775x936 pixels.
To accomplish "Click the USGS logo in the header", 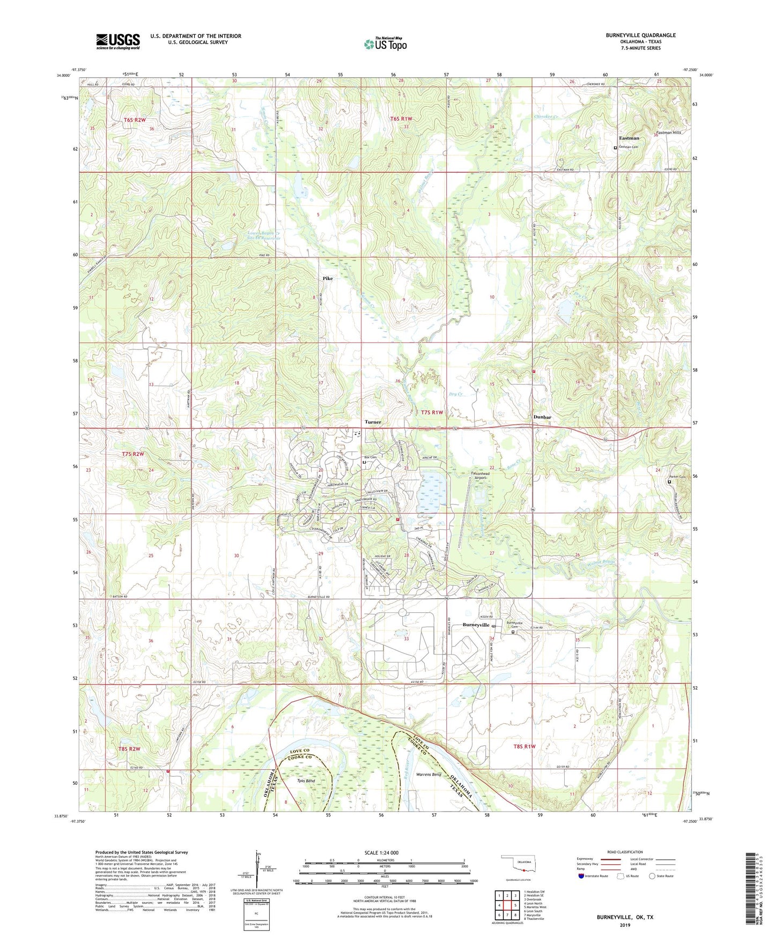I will (x=117, y=41).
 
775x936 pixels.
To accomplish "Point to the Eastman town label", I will (x=629, y=138).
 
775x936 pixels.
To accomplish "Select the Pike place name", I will (x=327, y=279).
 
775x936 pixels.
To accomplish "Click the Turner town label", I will (x=373, y=422).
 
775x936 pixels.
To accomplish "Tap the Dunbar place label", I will (x=542, y=417).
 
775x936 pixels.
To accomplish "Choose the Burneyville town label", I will (x=476, y=625).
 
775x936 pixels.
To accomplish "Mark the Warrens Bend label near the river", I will (x=429, y=775).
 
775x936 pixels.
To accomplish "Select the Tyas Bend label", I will (x=306, y=781).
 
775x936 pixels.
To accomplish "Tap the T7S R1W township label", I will (x=432, y=412).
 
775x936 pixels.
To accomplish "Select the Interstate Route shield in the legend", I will (x=581, y=876).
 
